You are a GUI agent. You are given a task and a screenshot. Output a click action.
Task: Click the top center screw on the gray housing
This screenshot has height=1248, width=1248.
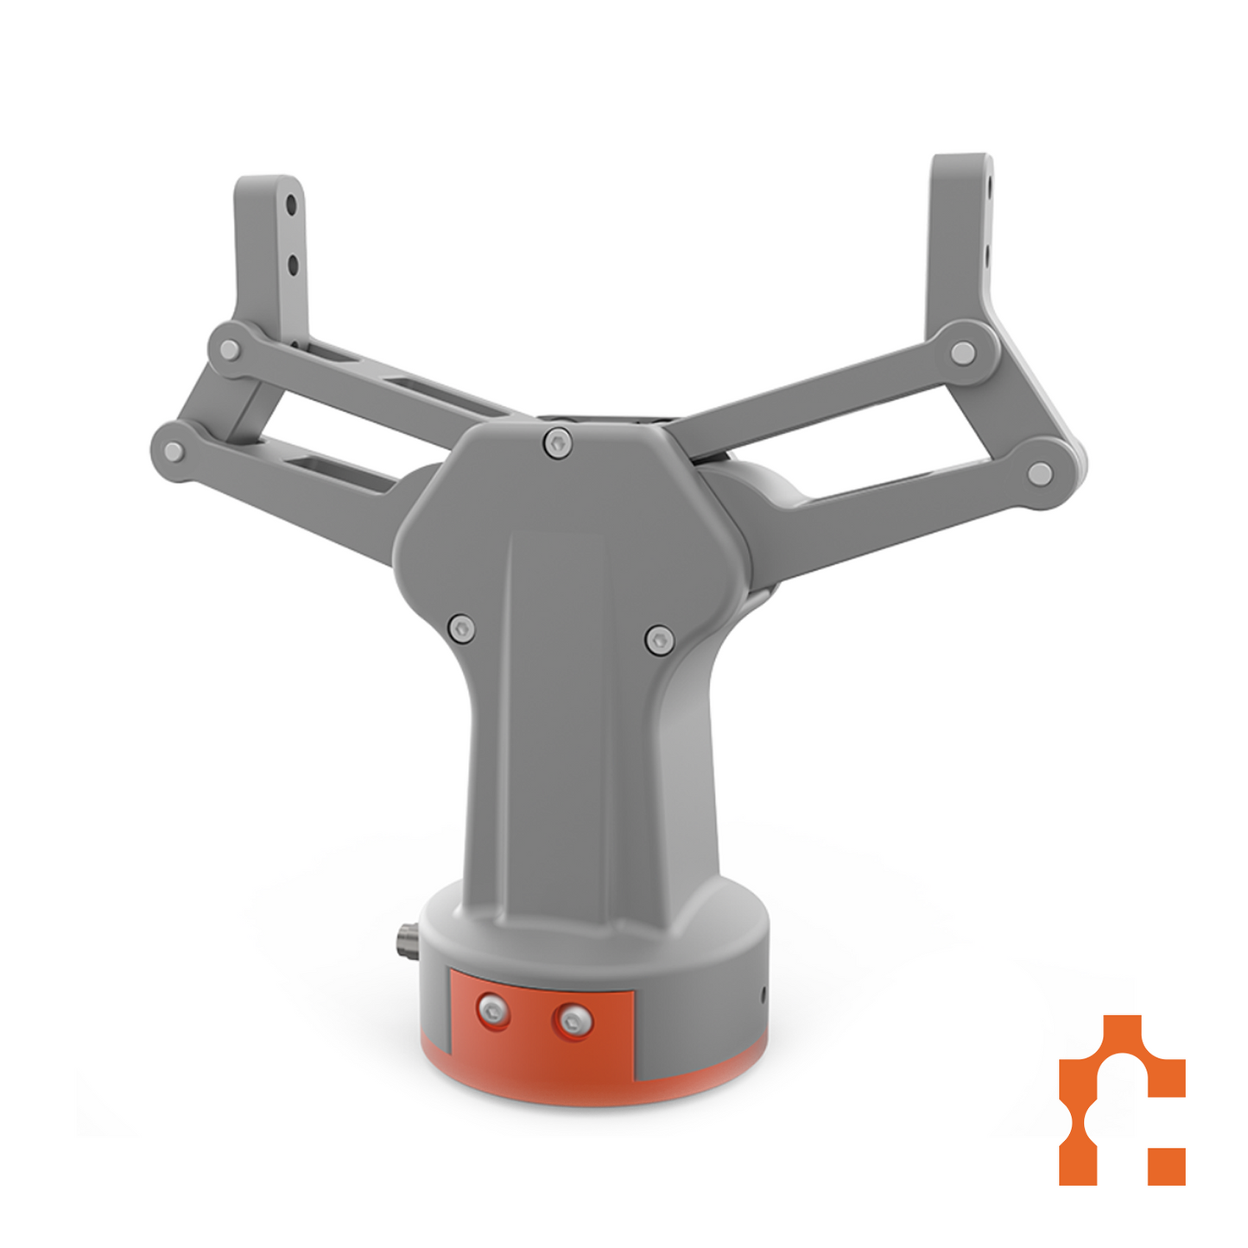tap(559, 444)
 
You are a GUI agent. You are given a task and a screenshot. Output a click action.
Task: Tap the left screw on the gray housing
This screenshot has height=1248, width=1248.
tap(461, 628)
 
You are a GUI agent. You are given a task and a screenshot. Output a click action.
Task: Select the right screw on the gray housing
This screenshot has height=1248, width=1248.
tap(659, 640)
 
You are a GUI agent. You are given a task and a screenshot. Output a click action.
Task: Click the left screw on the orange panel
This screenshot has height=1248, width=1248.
tap(492, 1010)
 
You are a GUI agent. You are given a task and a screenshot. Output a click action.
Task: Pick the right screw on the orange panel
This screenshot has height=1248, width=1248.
tap(573, 1022)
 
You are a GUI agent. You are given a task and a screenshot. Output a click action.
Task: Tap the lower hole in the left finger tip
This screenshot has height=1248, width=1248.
tap(293, 264)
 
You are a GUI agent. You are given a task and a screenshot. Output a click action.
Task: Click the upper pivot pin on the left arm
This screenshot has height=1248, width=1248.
tap(229, 350)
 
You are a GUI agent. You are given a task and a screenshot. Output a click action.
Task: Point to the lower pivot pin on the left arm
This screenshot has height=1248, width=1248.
tap(174, 452)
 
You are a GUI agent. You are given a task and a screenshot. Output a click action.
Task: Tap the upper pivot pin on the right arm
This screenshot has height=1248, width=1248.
tap(963, 352)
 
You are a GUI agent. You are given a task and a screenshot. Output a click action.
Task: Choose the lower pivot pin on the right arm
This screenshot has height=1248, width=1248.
tap(1040, 473)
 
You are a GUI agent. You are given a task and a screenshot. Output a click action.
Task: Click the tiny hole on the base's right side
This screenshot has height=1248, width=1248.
tap(763, 996)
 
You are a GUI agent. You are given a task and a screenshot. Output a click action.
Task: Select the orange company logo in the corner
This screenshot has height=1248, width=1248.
tap(1121, 1099)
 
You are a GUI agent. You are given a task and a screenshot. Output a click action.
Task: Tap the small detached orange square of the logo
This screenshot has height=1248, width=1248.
tap(1167, 1166)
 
